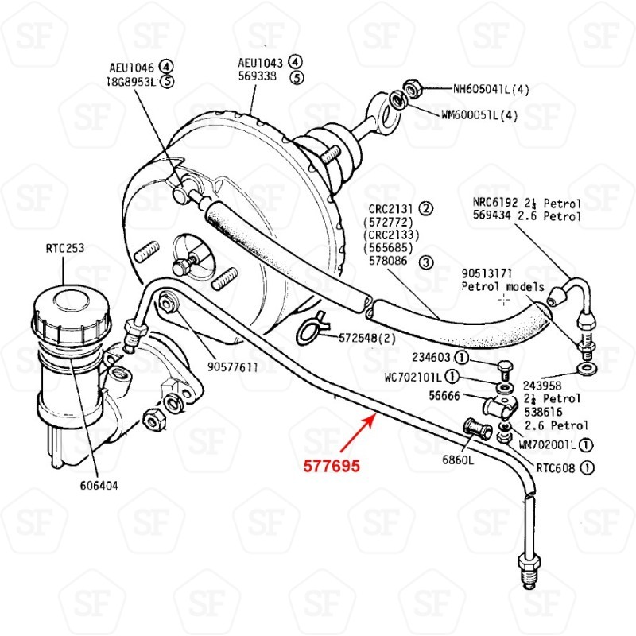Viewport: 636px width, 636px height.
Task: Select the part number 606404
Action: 98,486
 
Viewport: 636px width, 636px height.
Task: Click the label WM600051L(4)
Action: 479,114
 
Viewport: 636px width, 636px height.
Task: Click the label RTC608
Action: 555,467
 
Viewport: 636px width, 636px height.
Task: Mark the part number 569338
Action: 258,77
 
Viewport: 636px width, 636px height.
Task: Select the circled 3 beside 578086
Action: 426,262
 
